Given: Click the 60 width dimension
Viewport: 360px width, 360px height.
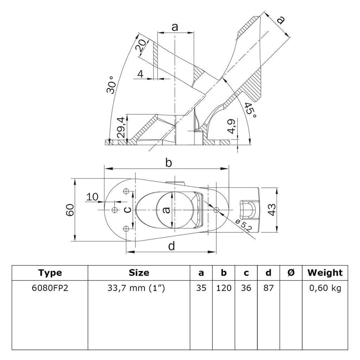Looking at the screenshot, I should click(70, 210).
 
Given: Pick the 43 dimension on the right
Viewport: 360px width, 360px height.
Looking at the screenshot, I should click(281, 210).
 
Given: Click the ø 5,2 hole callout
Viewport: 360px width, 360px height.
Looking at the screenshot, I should click(243, 225).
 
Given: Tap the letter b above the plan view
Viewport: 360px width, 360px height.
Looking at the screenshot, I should click(169, 163).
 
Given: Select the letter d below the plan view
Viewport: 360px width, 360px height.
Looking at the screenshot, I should click(171, 246).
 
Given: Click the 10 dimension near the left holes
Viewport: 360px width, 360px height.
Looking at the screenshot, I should click(92, 197).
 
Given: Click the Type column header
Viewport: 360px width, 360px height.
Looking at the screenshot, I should click(50, 272).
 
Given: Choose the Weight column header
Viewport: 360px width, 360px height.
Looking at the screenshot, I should click(324, 272).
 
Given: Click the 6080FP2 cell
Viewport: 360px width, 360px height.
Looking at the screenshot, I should click(50, 289).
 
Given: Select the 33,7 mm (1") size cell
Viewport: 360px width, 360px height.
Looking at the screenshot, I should click(139, 289).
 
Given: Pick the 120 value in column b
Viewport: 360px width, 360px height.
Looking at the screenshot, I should click(224, 289).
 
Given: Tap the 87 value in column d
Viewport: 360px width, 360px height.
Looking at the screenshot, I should click(269, 289).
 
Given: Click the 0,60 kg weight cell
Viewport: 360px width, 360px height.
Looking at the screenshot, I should click(325, 289).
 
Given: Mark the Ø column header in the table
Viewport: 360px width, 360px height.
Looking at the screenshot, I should click(291, 272).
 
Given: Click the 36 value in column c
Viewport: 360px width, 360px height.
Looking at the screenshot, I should click(246, 289).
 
